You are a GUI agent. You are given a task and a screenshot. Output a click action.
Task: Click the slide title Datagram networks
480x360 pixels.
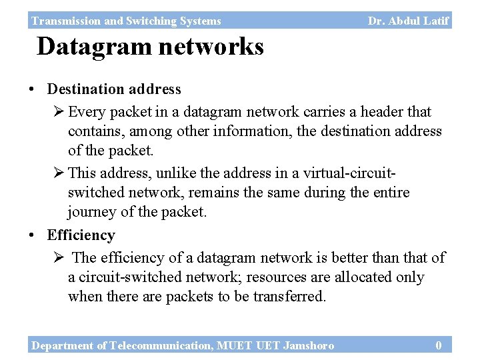(x=150, y=47)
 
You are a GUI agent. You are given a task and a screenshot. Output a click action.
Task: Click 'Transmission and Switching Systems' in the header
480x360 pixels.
(x=126, y=21)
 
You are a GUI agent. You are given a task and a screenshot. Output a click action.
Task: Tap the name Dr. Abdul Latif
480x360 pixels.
(x=408, y=21)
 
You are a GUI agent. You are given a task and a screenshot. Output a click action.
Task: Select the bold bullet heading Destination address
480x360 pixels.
(x=114, y=89)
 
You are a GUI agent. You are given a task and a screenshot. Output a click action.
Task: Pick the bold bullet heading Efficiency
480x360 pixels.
(x=81, y=235)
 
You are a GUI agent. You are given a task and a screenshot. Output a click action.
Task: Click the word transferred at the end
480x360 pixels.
(x=289, y=296)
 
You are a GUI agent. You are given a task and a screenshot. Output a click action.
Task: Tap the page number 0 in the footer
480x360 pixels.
(x=438, y=345)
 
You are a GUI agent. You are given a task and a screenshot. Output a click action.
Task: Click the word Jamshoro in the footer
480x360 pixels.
(x=309, y=345)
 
